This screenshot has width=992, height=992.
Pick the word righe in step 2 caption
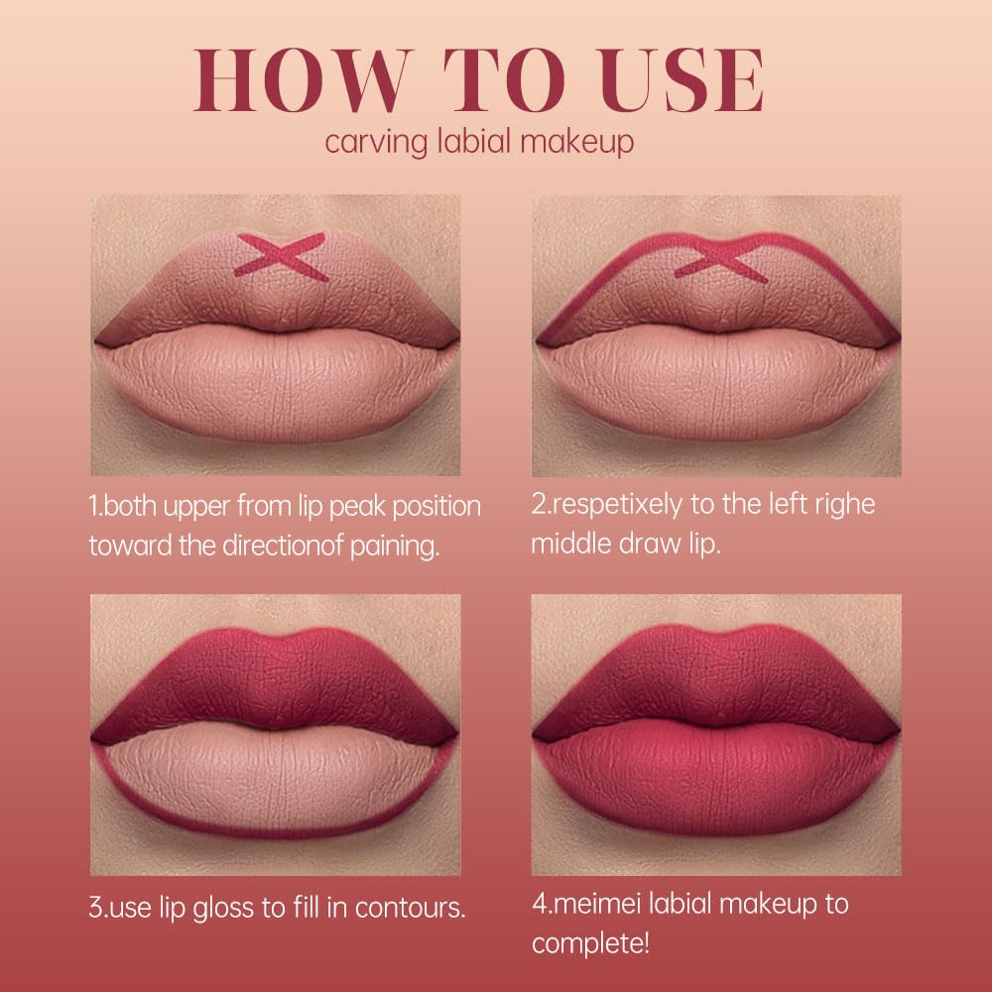[x=846, y=504]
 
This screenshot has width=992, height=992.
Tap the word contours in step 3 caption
[x=418, y=907]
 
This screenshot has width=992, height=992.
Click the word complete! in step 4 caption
[x=591, y=942]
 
